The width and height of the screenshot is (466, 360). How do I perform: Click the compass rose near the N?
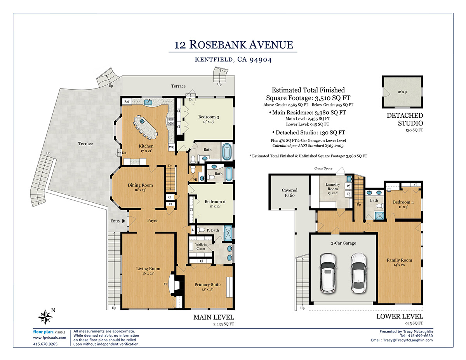pyautogui.click(x=45, y=317)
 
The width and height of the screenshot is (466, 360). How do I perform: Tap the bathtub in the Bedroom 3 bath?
pyautogui.click(x=227, y=152)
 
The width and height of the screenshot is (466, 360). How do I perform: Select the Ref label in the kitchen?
pyautogui.click(x=127, y=101)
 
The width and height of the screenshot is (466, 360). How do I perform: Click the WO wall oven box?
pyautogui.click(x=172, y=147)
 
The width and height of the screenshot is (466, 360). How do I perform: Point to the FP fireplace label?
pyautogui.click(x=165, y=284)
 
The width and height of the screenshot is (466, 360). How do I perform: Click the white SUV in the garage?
pyautogui.click(x=328, y=273)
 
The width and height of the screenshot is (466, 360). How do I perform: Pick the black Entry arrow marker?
pyautogui.click(x=123, y=221)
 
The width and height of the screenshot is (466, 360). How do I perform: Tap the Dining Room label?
pyautogui.click(x=140, y=185)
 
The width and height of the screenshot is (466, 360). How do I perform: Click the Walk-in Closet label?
pyautogui.click(x=201, y=247)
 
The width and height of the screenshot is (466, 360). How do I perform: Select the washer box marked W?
pyautogui.click(x=348, y=186)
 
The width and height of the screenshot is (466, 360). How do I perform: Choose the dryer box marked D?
pyautogui.click(x=348, y=194)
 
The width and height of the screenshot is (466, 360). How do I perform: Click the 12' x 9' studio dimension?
pyautogui.click(x=402, y=92)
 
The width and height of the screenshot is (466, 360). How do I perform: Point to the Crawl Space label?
pyautogui.click(x=323, y=168)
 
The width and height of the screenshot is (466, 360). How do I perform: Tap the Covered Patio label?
pyautogui.click(x=290, y=193)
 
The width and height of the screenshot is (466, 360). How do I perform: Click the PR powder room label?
pyautogui.click(x=195, y=180)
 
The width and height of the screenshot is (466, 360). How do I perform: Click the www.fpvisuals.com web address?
pyautogui.click(x=50, y=338)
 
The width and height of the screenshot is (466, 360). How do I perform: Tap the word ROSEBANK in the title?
pyautogui.click(x=217, y=45)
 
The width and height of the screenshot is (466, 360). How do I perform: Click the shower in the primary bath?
pyautogui.click(x=228, y=233)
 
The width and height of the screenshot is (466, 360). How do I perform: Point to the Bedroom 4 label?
pyautogui.click(x=403, y=202)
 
